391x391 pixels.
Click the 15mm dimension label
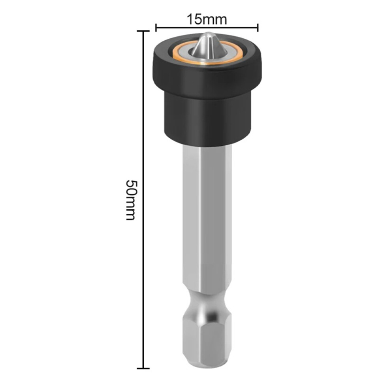click(207, 19)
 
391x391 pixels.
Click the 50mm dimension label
click(130, 199)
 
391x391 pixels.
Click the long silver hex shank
click(207, 217)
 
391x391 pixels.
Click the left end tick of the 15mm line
click(156, 28)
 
